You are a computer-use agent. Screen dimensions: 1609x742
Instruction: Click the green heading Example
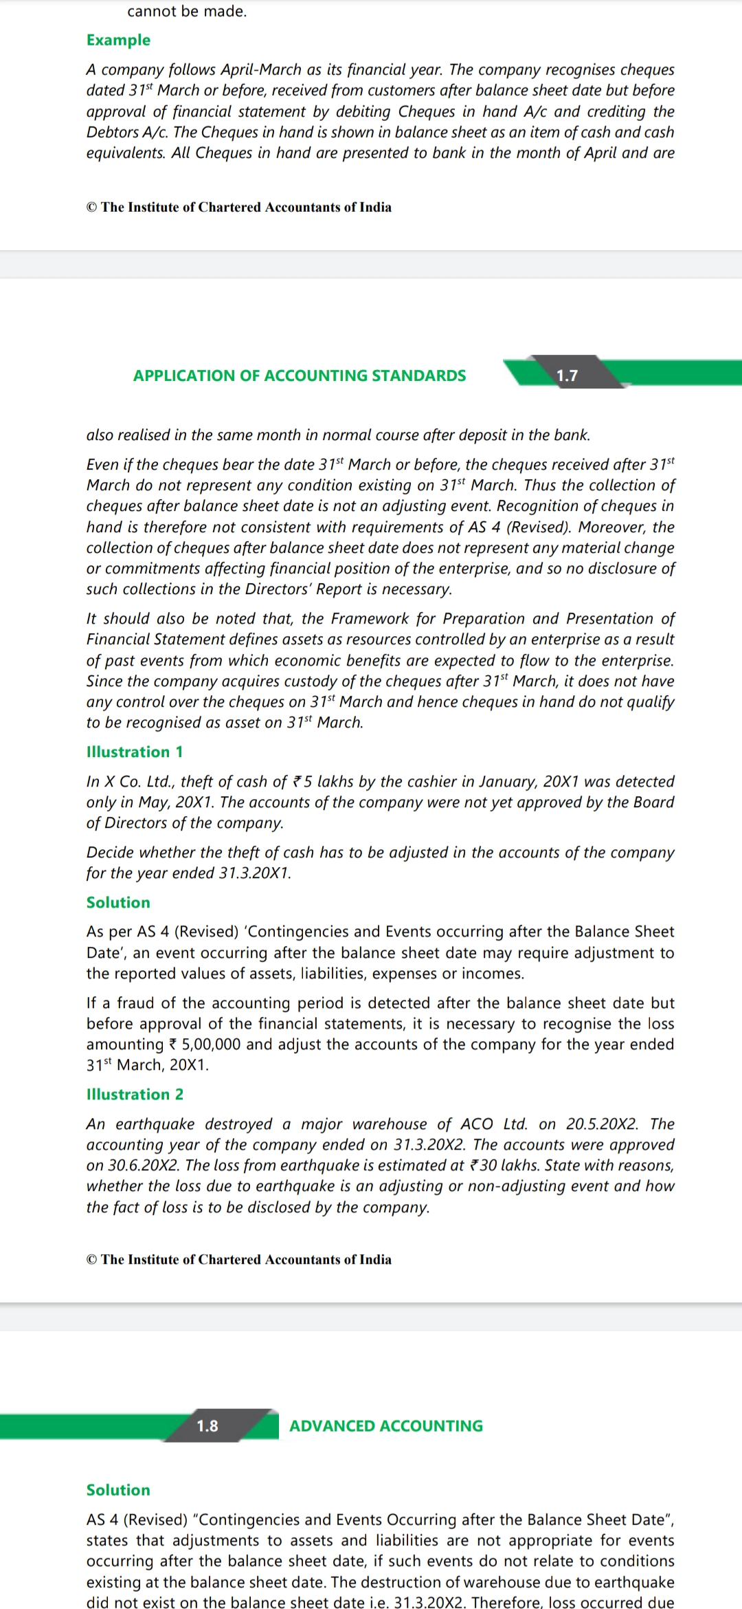[118, 40]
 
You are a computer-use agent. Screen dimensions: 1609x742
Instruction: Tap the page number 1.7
[567, 375]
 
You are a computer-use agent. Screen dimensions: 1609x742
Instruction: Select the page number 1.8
[207, 1425]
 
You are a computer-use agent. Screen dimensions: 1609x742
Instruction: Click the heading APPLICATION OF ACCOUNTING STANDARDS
[300, 375]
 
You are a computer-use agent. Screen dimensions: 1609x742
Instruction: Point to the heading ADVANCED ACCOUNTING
[386, 1425]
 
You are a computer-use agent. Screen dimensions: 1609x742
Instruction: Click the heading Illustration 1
[135, 752]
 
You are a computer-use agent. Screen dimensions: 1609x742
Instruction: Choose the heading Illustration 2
[135, 1094]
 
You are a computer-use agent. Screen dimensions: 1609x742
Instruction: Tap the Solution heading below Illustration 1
[118, 902]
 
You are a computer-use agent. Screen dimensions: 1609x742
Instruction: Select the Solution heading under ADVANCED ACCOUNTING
[118, 1489]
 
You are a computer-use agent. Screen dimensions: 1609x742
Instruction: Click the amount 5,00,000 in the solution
[211, 1044]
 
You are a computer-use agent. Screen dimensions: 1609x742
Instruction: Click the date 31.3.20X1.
[255, 873]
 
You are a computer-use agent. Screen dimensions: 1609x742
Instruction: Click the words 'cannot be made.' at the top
[187, 11]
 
